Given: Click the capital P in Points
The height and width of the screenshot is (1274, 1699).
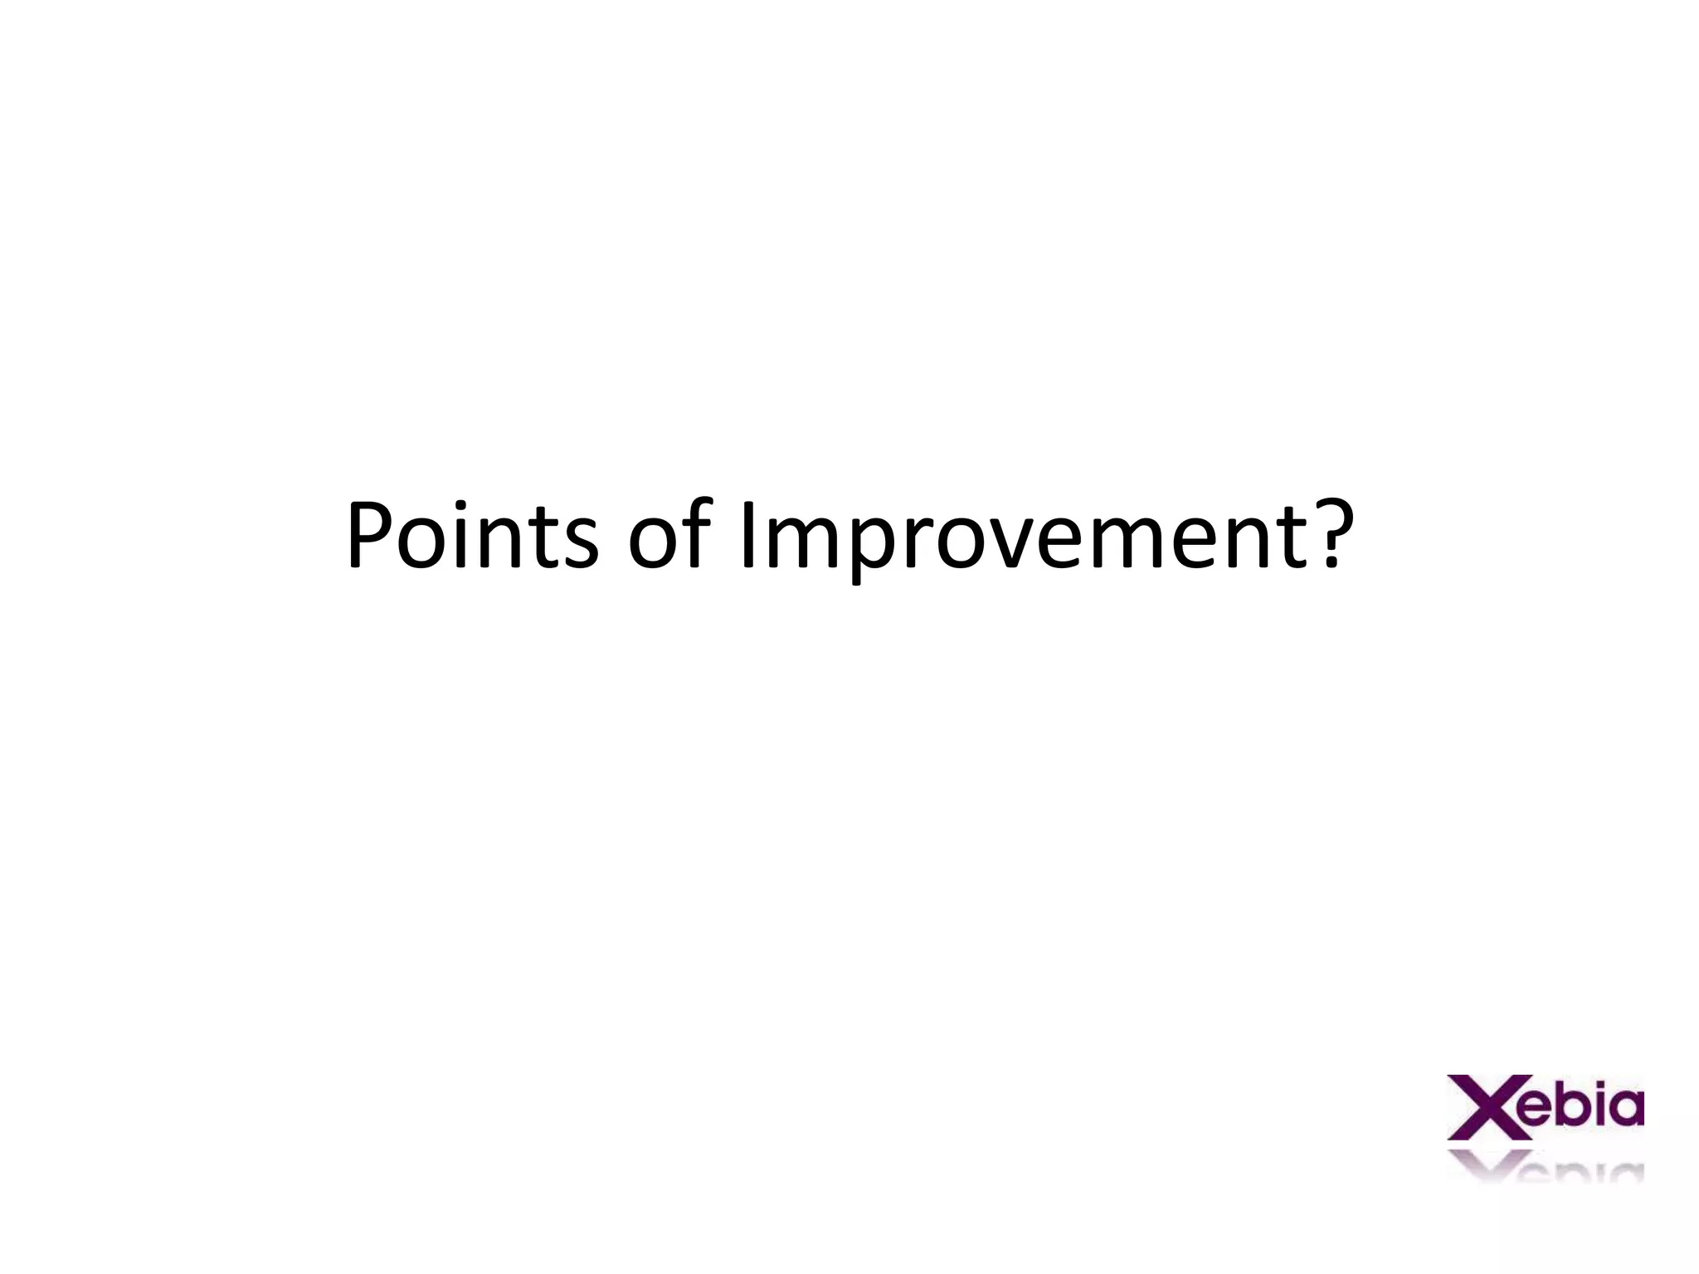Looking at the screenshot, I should tap(369, 535).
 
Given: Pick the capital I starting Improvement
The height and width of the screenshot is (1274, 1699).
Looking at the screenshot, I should tap(749, 535).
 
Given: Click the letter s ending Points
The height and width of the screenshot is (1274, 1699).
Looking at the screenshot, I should tap(578, 543).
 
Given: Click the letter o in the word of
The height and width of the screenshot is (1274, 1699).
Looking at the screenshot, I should tap(655, 543).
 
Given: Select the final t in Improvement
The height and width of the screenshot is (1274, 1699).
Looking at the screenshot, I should tap(1286, 539).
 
